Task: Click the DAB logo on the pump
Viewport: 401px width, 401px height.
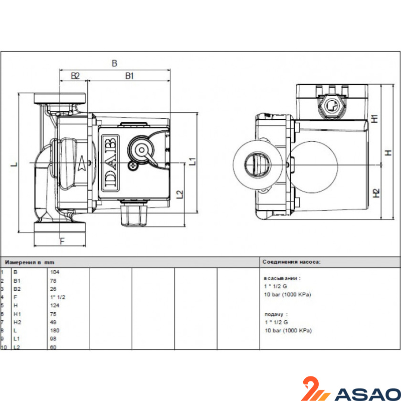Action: (110, 163)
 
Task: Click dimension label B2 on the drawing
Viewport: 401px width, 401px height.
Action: (75, 76)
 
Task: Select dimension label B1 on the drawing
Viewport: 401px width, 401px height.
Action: (129, 76)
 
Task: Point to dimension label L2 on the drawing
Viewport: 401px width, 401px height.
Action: (180, 194)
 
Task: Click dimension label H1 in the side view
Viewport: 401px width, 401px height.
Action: (374, 119)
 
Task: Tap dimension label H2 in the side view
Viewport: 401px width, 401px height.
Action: (376, 193)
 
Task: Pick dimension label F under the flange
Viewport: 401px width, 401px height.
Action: (62, 241)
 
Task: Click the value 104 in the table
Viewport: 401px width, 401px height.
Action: (55, 272)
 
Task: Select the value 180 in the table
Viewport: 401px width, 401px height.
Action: (55, 330)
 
